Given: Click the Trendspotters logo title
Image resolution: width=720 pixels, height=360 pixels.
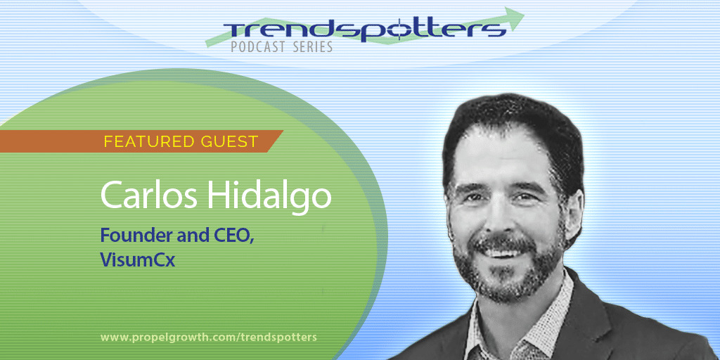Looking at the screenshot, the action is click(365, 30).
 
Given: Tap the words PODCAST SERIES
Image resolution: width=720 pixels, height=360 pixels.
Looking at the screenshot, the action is click(281, 47).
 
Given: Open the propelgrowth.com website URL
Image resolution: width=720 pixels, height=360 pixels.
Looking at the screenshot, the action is click(208, 337).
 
